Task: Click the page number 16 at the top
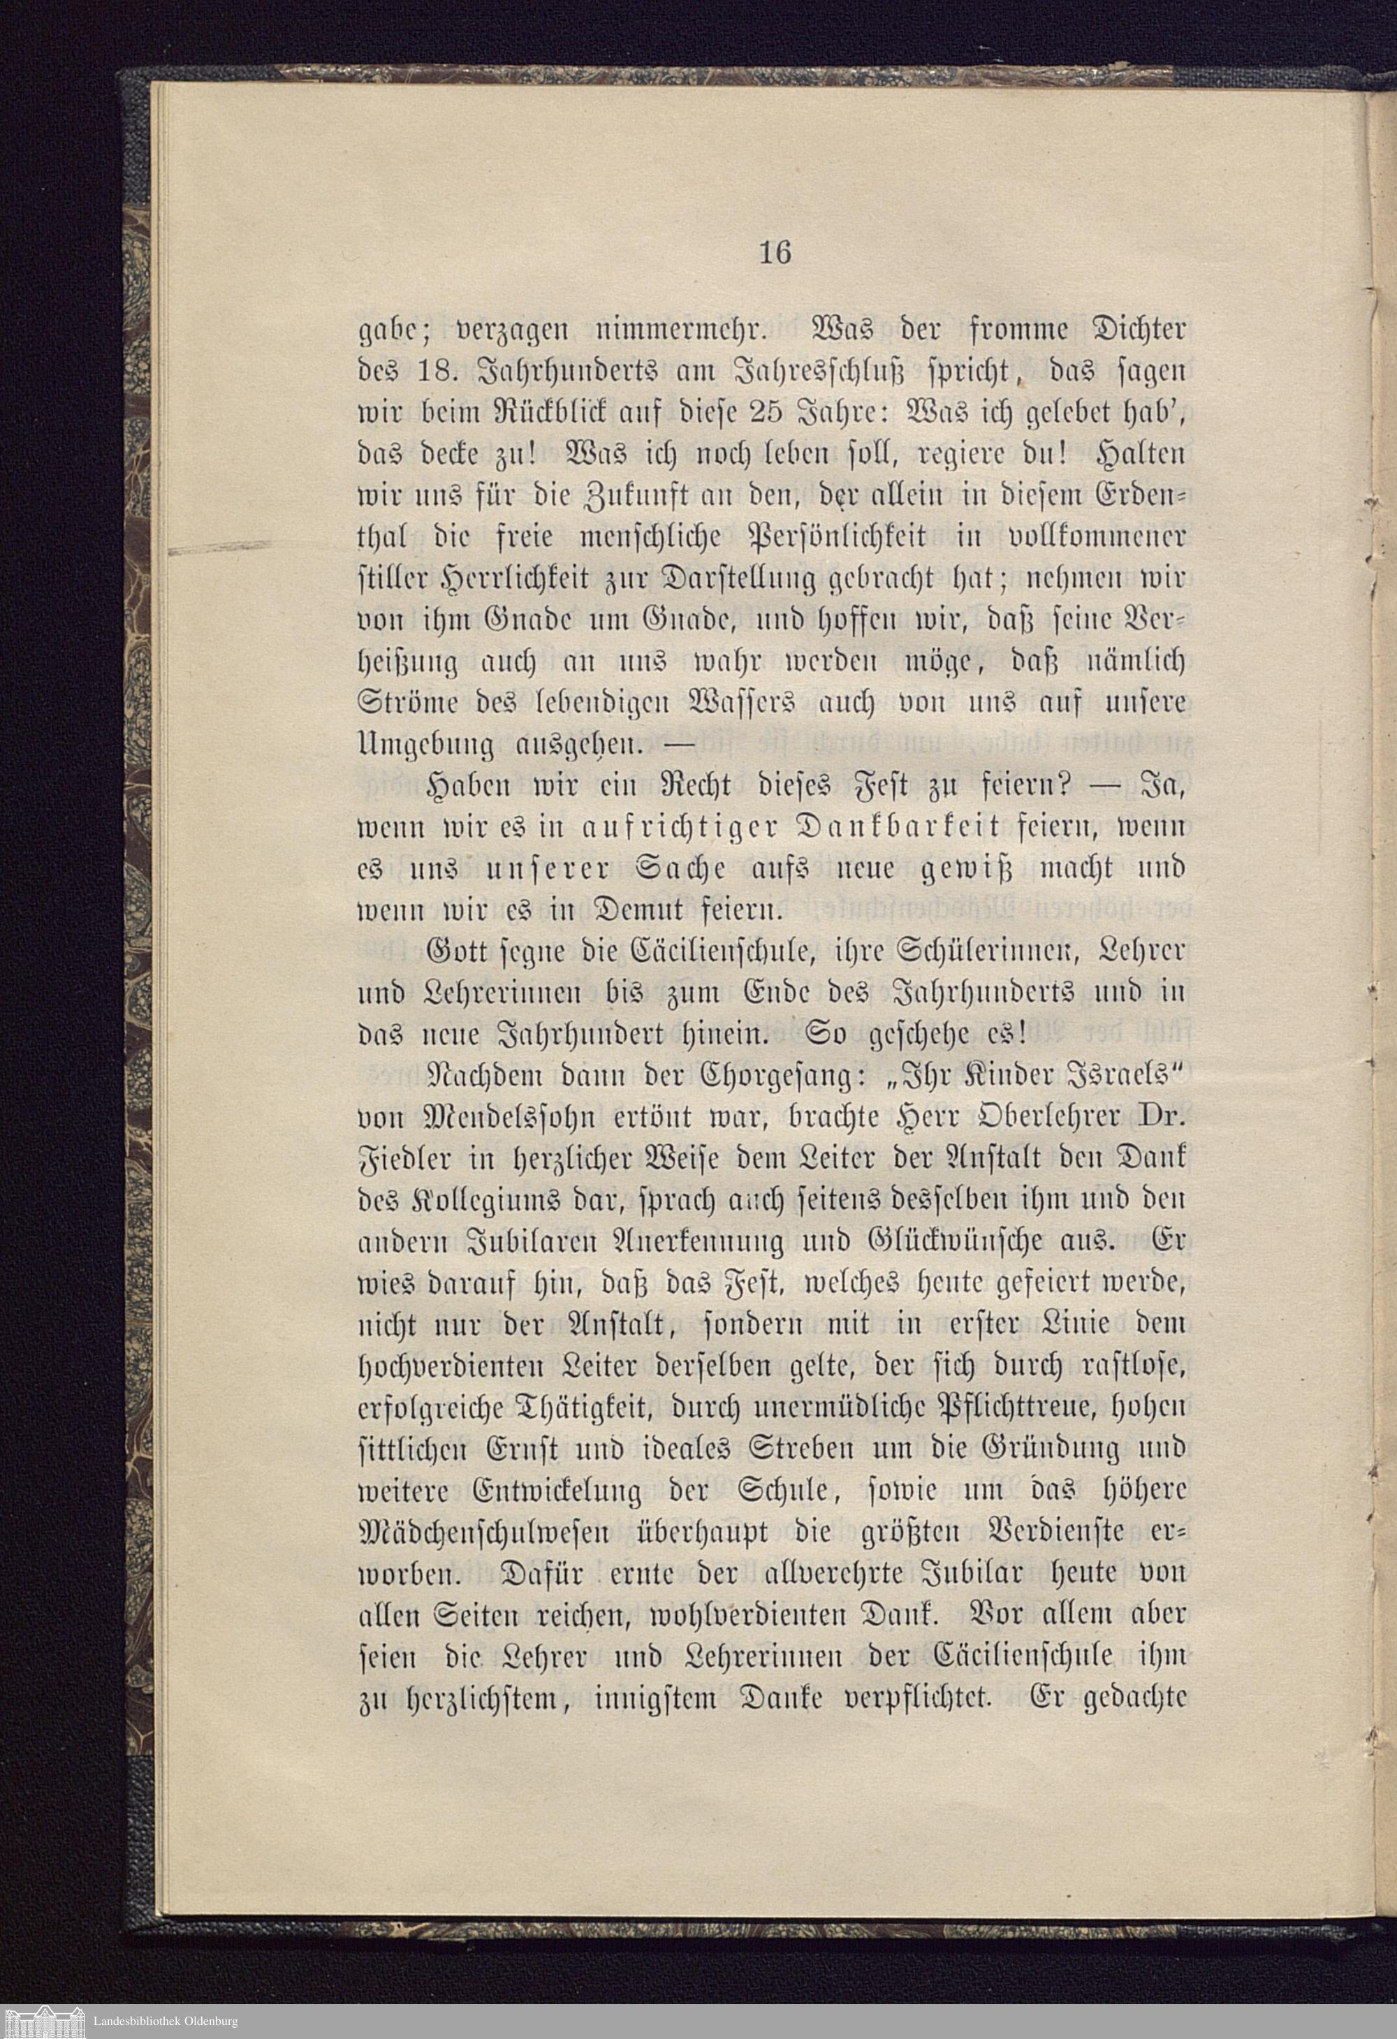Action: pyautogui.click(x=774, y=253)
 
